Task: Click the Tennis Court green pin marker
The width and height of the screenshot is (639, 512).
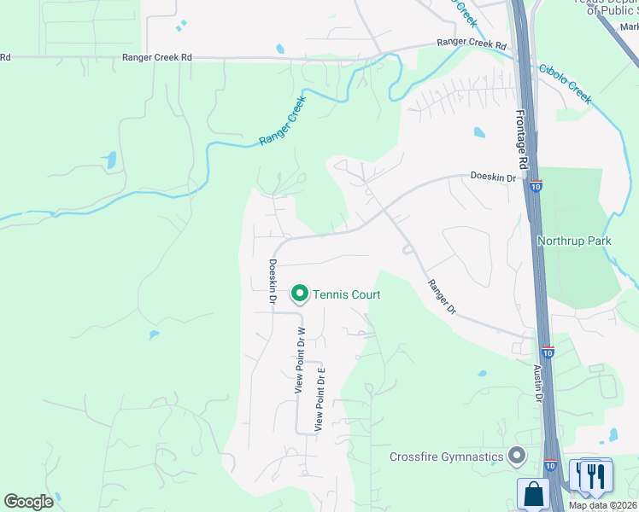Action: coord(300,294)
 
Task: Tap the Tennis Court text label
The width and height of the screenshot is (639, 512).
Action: coord(346,294)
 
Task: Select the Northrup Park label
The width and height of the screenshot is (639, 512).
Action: coord(574,241)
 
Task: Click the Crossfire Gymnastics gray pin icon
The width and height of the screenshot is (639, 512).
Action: coord(516,456)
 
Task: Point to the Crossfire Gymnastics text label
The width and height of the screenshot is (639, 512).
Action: coord(446,457)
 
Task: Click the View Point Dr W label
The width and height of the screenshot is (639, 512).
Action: coord(300,360)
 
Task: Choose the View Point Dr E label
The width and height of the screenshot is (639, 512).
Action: coord(320,397)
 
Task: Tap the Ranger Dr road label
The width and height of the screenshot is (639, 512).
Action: coord(442,298)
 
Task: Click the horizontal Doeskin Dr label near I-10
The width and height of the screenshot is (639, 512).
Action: coord(494,177)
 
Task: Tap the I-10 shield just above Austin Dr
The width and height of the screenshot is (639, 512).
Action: coord(547,352)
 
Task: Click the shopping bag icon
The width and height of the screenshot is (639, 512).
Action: coord(534,493)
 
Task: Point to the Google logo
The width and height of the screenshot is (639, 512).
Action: coord(28,502)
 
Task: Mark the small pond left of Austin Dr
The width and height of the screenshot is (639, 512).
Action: coord(482,374)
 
